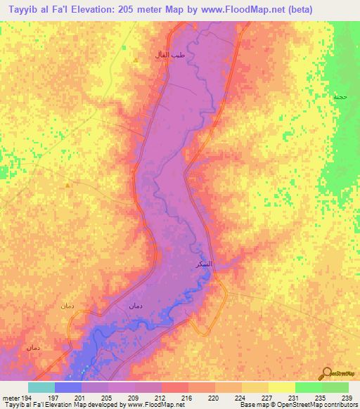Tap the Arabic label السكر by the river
click(203, 264)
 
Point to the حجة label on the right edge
click(341, 96)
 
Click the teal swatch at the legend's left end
click(41, 387)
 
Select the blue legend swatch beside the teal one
click(67, 387)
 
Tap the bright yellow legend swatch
click(281, 387)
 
